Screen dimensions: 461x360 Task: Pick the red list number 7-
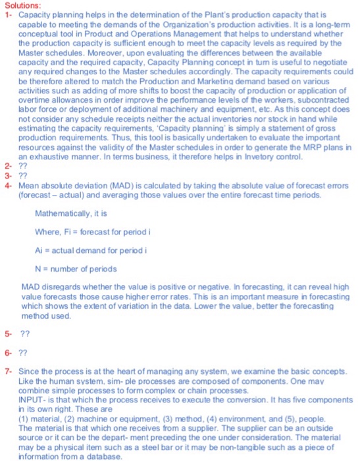[x=8, y=371]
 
